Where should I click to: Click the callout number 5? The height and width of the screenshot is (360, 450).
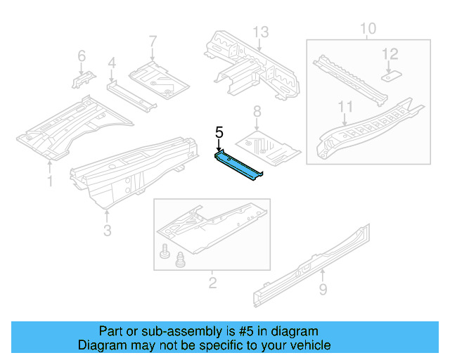[219, 131]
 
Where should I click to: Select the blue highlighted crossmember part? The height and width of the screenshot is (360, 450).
[239, 162]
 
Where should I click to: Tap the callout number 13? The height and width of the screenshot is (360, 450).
[261, 32]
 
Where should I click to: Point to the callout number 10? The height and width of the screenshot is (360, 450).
[368, 29]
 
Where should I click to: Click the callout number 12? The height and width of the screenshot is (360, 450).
[390, 53]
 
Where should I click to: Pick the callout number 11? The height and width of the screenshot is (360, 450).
[345, 106]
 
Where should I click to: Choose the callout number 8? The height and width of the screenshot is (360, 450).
[257, 111]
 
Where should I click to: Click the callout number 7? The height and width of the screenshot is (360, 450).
[153, 42]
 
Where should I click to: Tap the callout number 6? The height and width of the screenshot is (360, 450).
[81, 56]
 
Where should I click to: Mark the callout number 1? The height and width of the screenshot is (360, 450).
[49, 182]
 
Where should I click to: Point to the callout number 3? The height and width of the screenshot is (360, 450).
[107, 230]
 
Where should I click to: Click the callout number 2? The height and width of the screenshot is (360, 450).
[212, 283]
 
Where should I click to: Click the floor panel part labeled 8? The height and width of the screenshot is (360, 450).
[268, 144]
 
